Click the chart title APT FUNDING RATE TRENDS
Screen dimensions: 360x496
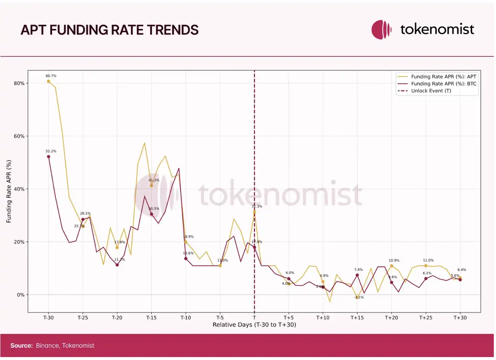110,30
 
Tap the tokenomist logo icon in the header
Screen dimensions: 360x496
381,29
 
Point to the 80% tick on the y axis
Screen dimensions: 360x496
19,83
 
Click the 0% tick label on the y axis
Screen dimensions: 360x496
21,295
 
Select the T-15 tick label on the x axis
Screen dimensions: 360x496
151,317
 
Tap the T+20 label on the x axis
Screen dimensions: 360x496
391,317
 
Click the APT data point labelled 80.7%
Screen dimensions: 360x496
48,81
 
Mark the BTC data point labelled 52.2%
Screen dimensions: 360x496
48,157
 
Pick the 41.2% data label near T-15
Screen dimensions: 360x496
154,180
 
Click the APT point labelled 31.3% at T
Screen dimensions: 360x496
254,212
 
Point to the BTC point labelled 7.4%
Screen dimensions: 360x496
357,275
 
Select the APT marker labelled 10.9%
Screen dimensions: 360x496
392,266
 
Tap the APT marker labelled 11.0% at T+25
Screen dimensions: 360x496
426,266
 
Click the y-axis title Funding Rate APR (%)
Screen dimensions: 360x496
9,191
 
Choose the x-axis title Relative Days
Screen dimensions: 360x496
254,324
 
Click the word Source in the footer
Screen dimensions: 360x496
21,345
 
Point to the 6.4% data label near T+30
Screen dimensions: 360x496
462,270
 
